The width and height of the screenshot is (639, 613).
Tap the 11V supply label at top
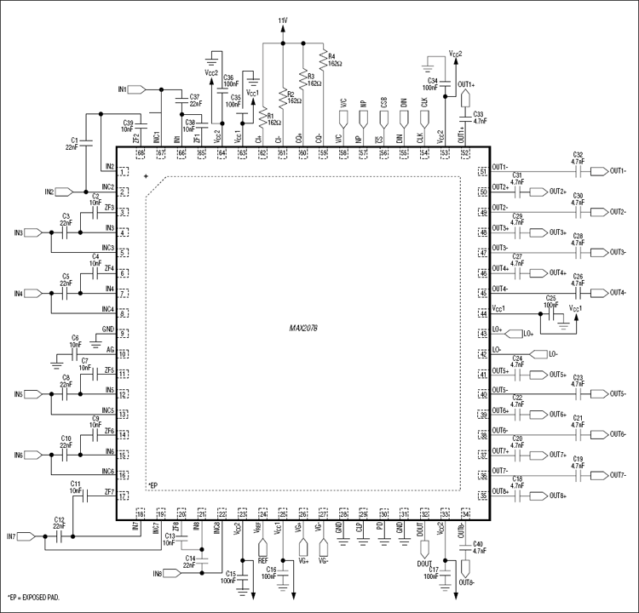click(x=283, y=19)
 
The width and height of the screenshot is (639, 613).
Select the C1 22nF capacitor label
click(x=72, y=142)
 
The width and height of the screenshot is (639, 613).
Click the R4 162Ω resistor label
click(x=332, y=60)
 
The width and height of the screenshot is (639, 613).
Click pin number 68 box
click(x=140, y=152)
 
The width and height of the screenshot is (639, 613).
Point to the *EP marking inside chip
click(x=153, y=485)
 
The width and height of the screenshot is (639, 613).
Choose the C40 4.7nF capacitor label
click(x=478, y=547)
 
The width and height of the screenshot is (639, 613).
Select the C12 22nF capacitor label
click(x=59, y=523)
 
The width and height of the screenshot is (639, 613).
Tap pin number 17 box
click(x=124, y=496)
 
